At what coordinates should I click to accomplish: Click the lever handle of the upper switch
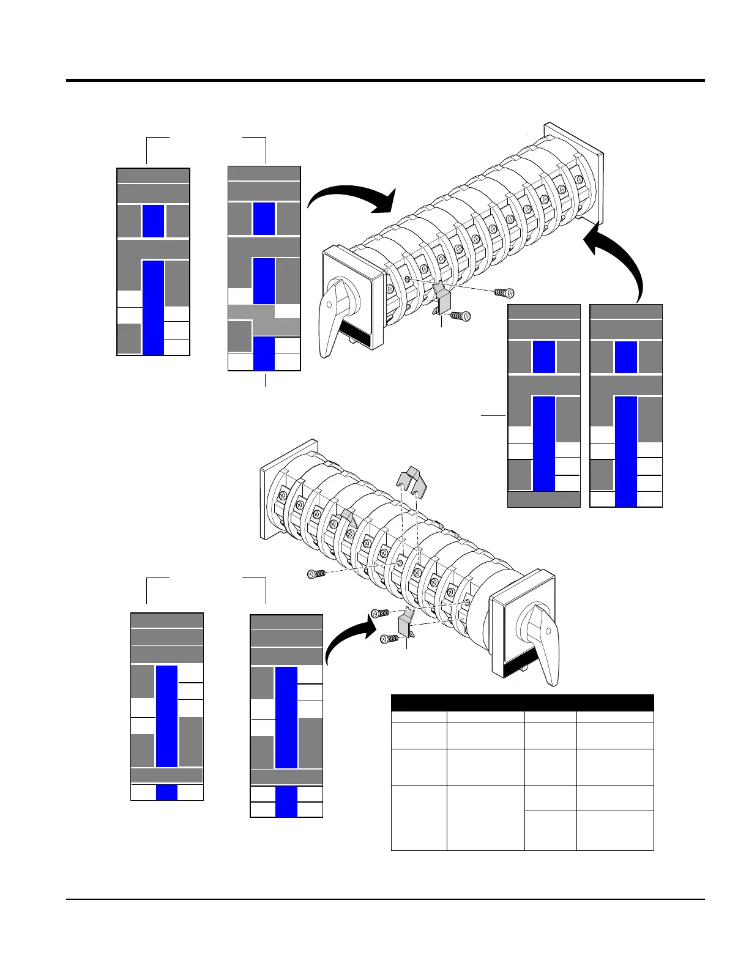click(333, 318)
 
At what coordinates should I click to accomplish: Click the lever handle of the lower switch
click(544, 642)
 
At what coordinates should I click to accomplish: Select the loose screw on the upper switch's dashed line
click(504, 294)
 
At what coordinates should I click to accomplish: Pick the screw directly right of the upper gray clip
click(460, 316)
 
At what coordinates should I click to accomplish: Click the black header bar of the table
click(522, 702)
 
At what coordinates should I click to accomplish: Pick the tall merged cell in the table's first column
click(419, 817)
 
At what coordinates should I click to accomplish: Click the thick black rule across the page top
click(386, 80)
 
